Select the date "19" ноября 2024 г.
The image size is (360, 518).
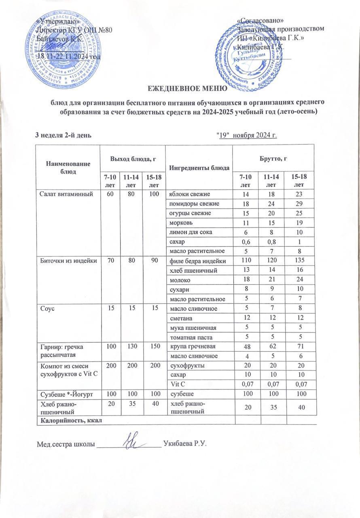(247, 134)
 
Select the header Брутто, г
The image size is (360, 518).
(273, 157)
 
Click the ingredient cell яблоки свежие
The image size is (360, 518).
(190, 194)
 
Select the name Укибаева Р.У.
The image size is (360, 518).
(185, 444)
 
